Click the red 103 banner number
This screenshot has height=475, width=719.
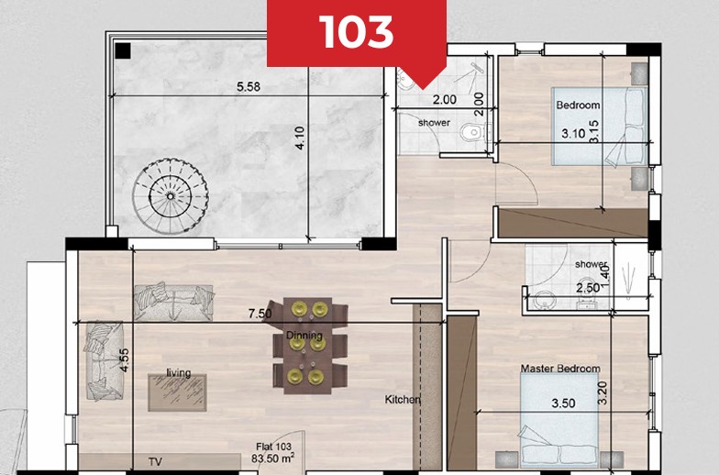click(357, 32)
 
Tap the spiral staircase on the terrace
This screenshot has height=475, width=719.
click(170, 192)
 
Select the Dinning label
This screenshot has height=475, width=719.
click(304, 336)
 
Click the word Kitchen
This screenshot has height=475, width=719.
click(403, 400)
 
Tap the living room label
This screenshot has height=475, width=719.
click(179, 372)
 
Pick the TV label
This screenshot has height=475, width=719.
click(155, 463)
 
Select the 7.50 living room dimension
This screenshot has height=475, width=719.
click(260, 314)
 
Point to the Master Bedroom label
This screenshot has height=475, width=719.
click(560, 369)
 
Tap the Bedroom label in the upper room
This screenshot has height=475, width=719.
click(579, 105)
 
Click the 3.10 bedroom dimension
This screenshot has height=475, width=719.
click(572, 134)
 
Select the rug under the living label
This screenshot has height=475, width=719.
click(178, 392)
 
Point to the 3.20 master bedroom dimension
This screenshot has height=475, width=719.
click(627, 395)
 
